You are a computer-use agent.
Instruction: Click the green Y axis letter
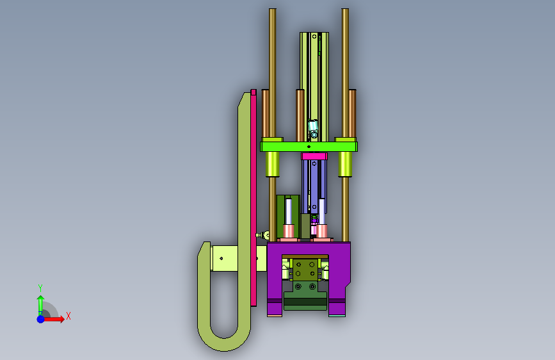point(40,288)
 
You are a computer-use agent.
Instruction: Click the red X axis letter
point(68,316)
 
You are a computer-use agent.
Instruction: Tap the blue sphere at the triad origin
point(41,319)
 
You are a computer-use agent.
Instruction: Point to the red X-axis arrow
point(54,319)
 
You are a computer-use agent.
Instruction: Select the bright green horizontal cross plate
point(309,146)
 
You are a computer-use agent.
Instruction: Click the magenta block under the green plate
point(314,156)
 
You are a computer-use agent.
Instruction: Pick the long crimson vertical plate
point(253,198)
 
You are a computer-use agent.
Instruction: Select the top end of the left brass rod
point(273,10)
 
